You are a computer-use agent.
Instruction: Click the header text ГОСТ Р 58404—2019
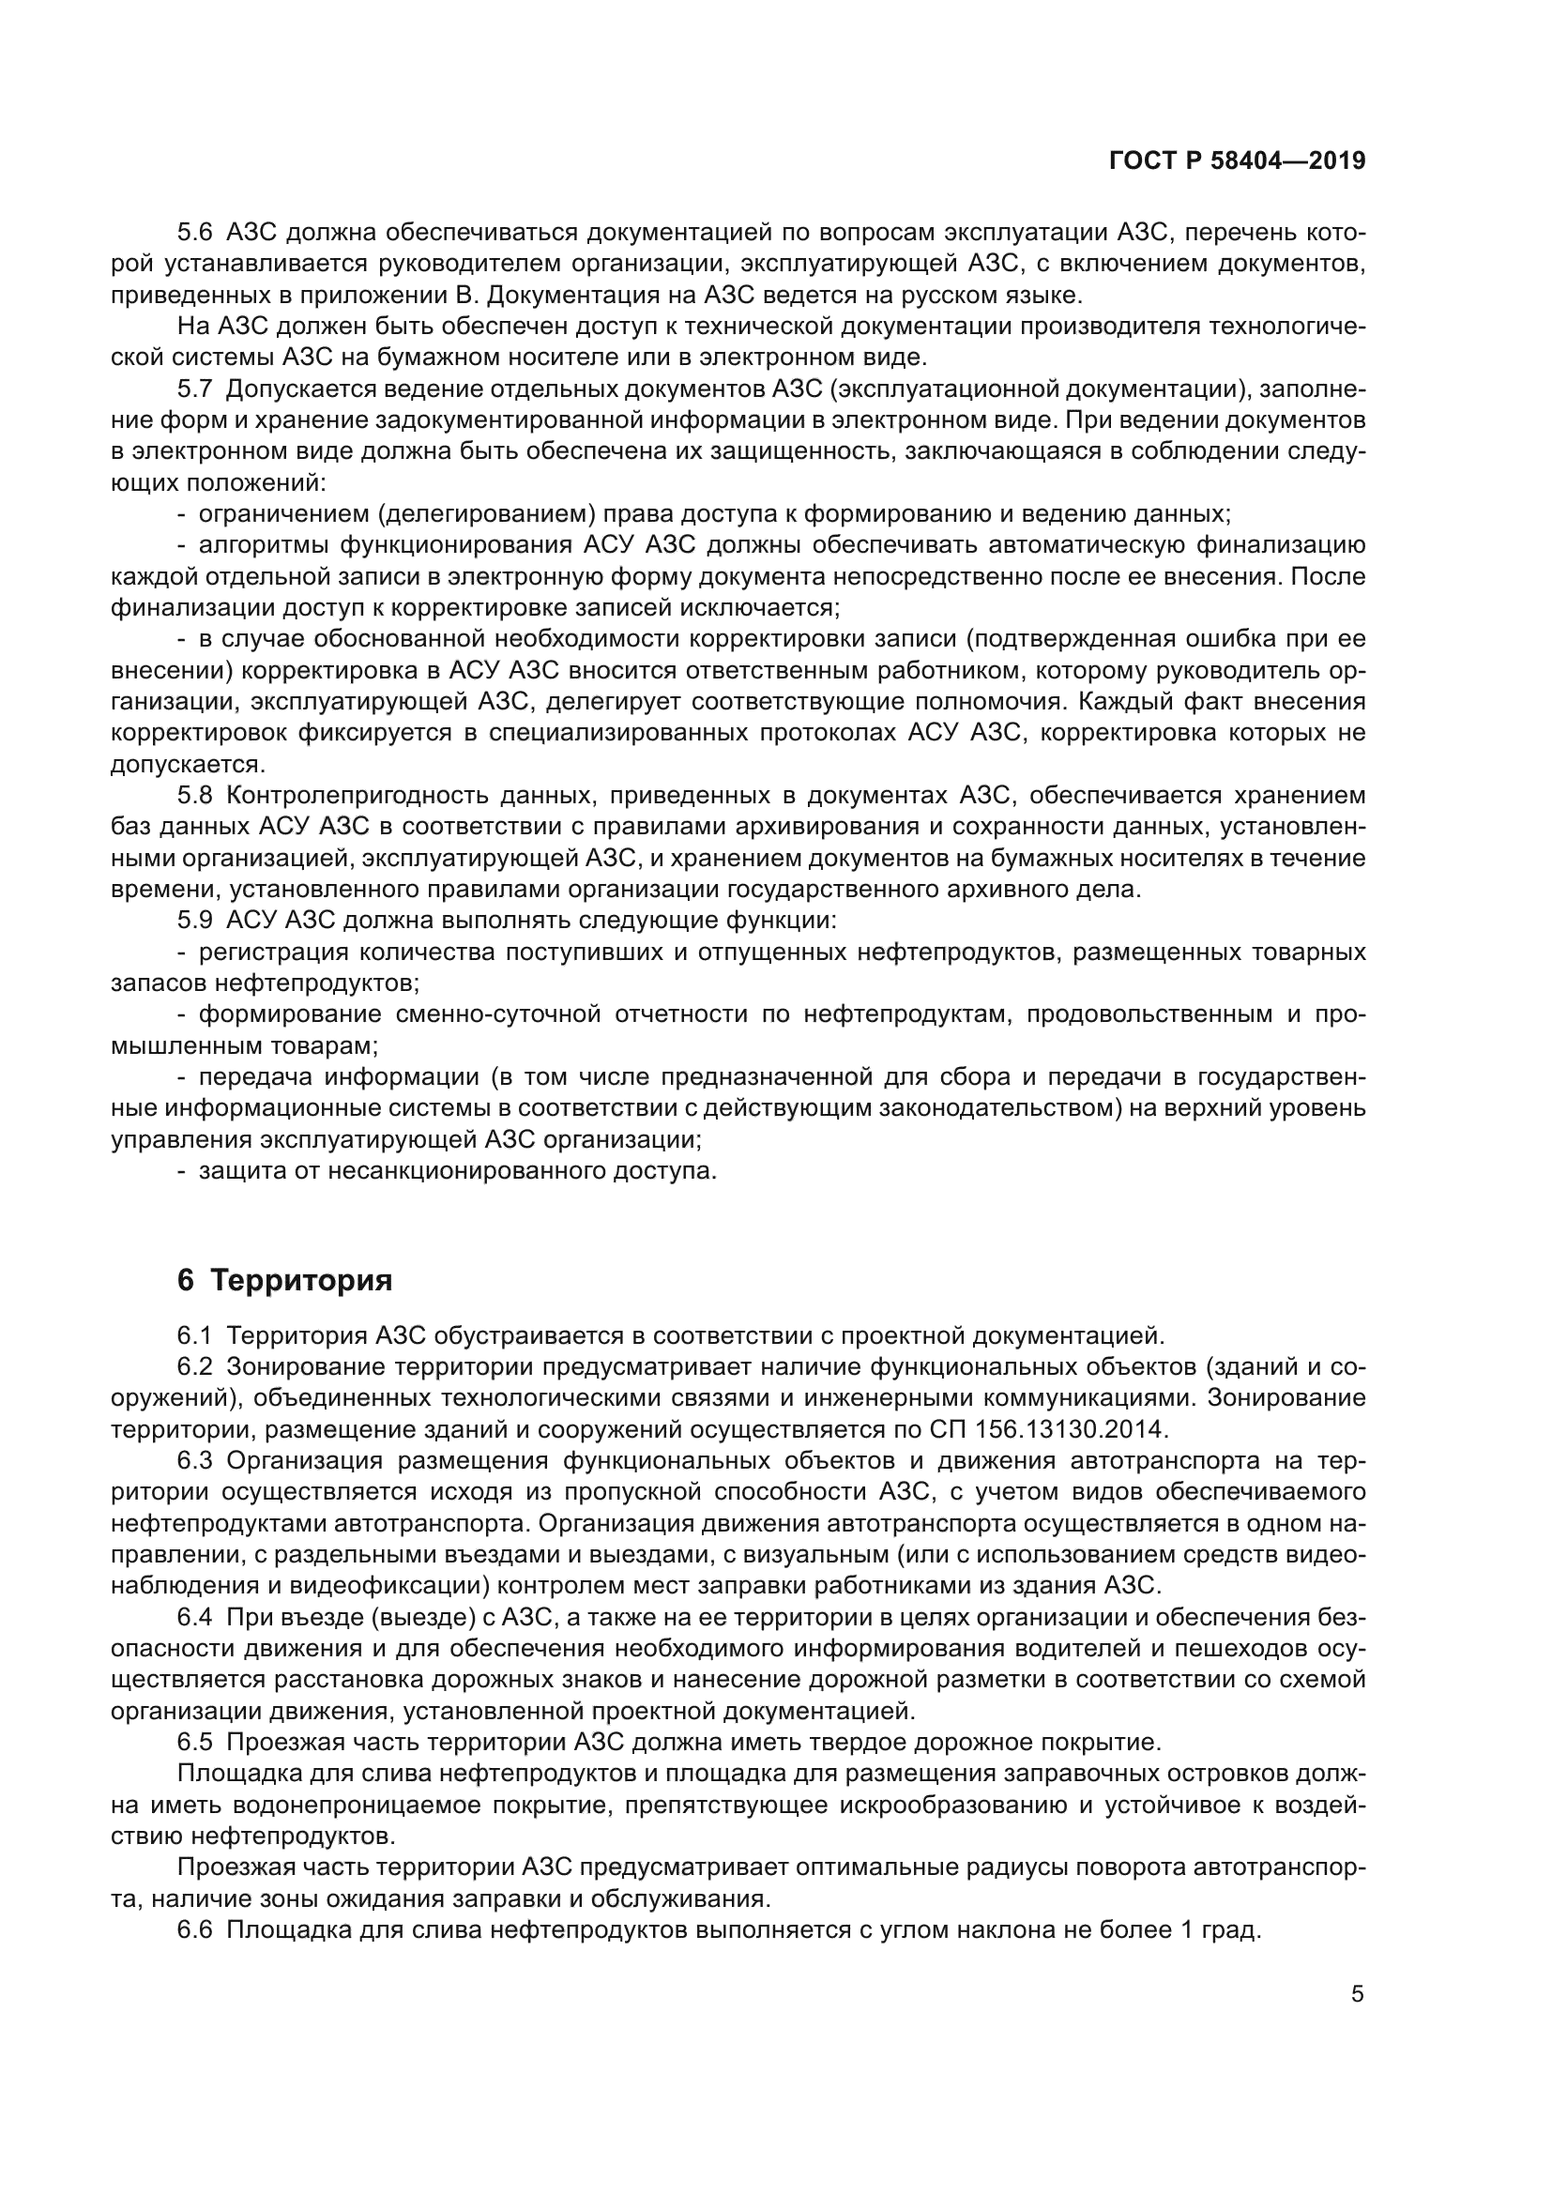[1237, 161]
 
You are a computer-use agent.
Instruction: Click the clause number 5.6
[197, 233]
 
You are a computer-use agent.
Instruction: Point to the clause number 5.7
[197, 389]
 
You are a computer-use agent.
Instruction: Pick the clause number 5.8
[197, 796]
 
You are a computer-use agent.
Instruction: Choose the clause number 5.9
[197, 921]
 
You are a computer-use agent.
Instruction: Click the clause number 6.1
[197, 1334]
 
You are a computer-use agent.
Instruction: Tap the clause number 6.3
[197, 1461]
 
